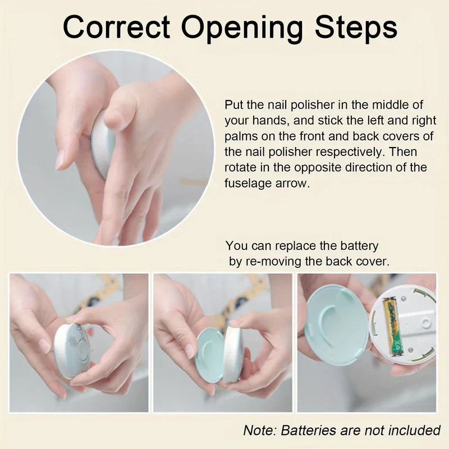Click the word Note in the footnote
(x=258, y=430)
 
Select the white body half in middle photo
(x=233, y=354)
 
